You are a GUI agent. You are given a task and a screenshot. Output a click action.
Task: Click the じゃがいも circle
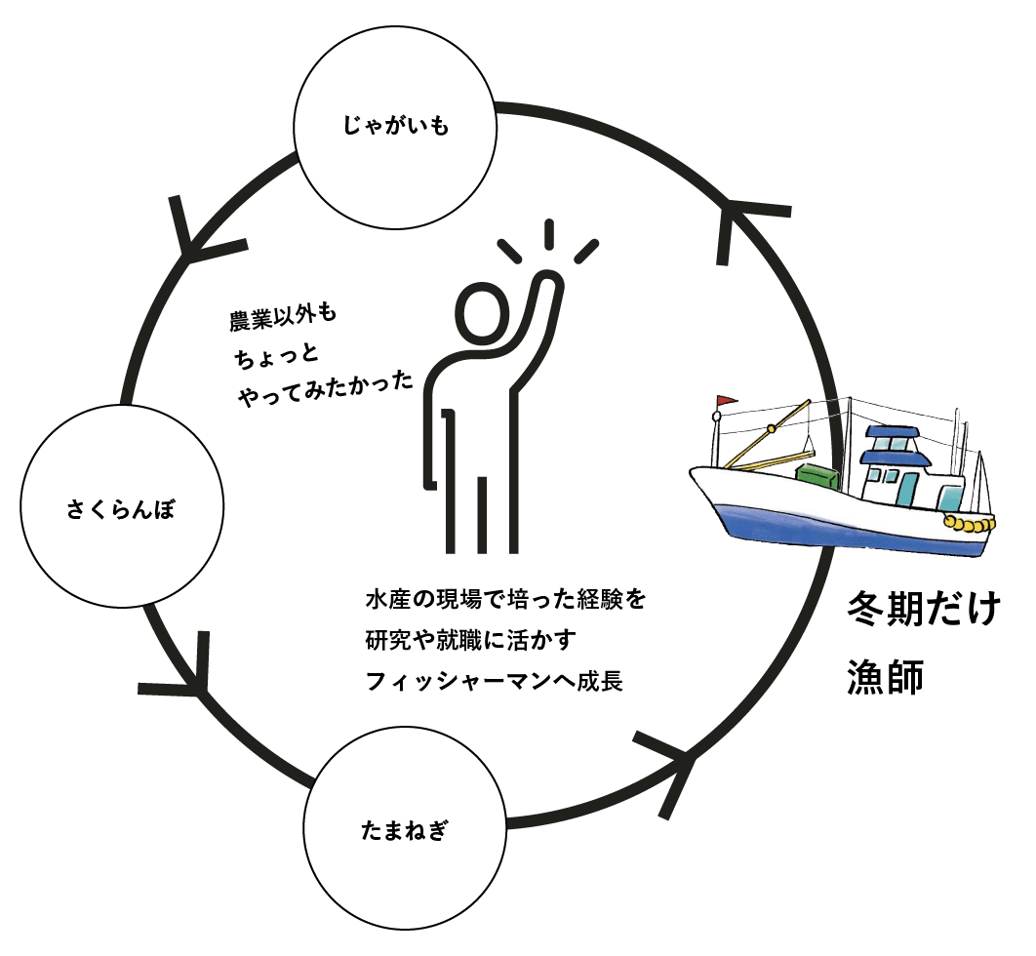(x=395, y=126)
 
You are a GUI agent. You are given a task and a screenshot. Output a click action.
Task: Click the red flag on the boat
(x=725, y=401)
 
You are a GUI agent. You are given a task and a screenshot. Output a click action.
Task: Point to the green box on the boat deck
(x=817, y=477)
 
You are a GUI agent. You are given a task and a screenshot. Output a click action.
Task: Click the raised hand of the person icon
(x=548, y=284)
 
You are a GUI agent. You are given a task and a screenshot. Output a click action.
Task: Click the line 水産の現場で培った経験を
(x=506, y=597)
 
